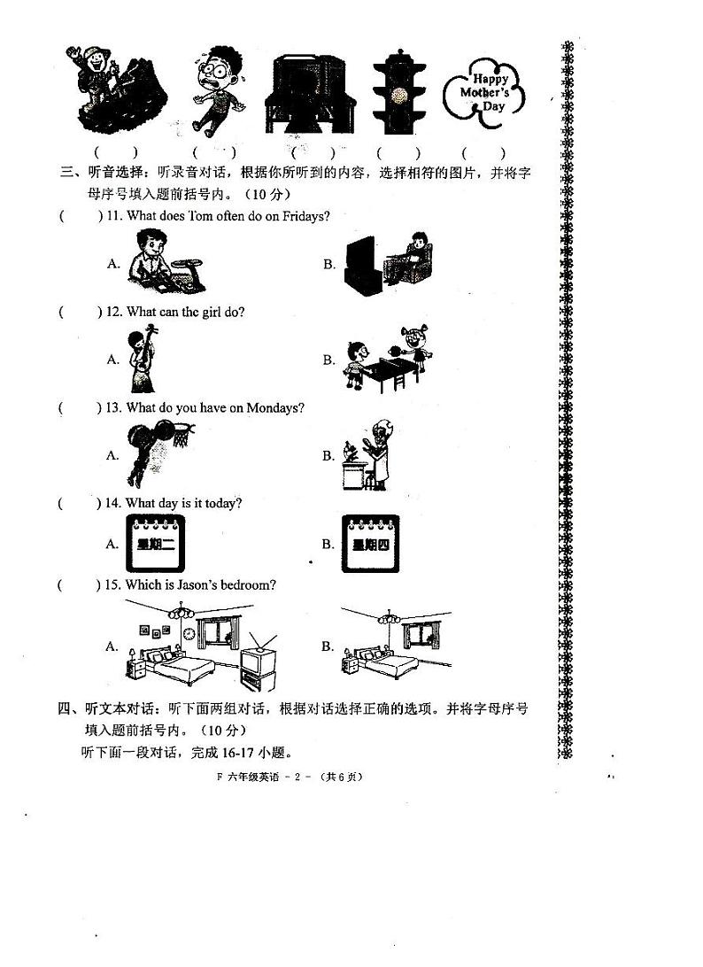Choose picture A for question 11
tap(166, 262)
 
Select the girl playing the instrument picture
tap(142, 360)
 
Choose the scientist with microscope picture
tap(367, 454)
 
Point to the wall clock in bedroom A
tap(187, 634)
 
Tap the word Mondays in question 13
tap(277, 408)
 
